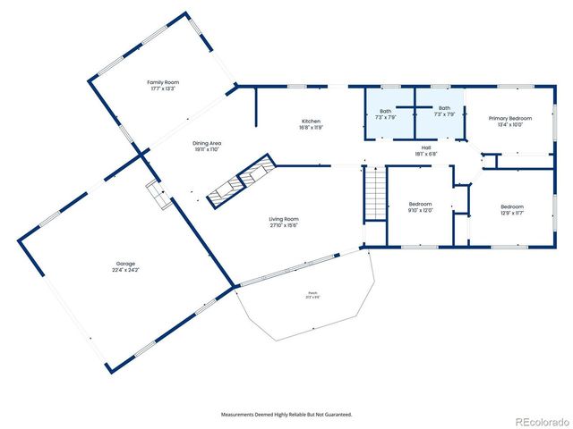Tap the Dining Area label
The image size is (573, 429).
point(207,143)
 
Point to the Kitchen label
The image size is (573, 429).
point(311,122)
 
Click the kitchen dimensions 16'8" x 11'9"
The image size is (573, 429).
point(311,128)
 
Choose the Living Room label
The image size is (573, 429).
point(284,219)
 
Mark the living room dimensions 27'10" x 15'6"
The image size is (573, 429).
point(284,225)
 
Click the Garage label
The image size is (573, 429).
point(125,263)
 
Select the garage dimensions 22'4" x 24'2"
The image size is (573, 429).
point(125,269)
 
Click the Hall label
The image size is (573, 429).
point(426,148)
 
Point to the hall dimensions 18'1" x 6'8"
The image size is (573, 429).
point(426,155)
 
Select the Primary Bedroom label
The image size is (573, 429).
point(509,118)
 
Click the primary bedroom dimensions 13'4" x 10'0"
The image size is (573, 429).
point(509,124)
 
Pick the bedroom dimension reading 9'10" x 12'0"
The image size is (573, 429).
point(420,210)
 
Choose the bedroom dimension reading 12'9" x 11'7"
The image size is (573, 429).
point(512,213)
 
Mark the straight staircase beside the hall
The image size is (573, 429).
point(374,196)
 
